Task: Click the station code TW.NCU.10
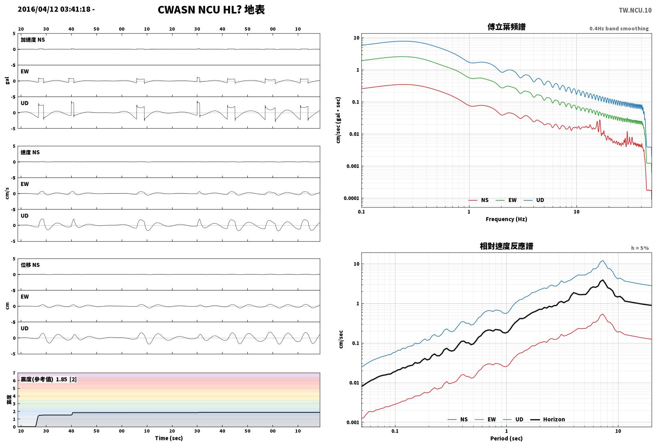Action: pyautogui.click(x=635, y=10)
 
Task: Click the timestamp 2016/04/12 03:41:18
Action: pyautogui.click(x=54, y=9)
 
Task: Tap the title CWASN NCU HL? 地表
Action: pyautogui.click(x=211, y=10)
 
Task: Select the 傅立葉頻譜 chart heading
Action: pyautogui.click(x=506, y=27)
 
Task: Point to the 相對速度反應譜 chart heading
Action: pyautogui.click(x=506, y=246)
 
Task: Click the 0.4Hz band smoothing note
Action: pyautogui.click(x=619, y=28)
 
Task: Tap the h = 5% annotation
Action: pyautogui.click(x=640, y=248)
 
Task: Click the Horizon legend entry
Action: pyautogui.click(x=548, y=419)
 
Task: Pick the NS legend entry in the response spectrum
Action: pyautogui.click(x=458, y=419)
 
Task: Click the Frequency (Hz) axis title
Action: pyautogui.click(x=506, y=219)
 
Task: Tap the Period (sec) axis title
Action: pyautogui.click(x=506, y=438)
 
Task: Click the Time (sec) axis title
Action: pyautogui.click(x=169, y=438)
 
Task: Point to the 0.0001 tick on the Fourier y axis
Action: pyautogui.click(x=351, y=198)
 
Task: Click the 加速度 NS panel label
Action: pyautogui.click(x=32, y=40)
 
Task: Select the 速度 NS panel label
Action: pyautogui.click(x=30, y=152)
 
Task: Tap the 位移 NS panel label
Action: pyautogui.click(x=30, y=265)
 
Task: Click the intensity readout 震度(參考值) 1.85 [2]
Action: pyautogui.click(x=48, y=379)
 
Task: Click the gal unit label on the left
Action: pyautogui.click(x=7, y=81)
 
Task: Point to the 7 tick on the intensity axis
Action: pyautogui.click(x=14, y=373)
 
